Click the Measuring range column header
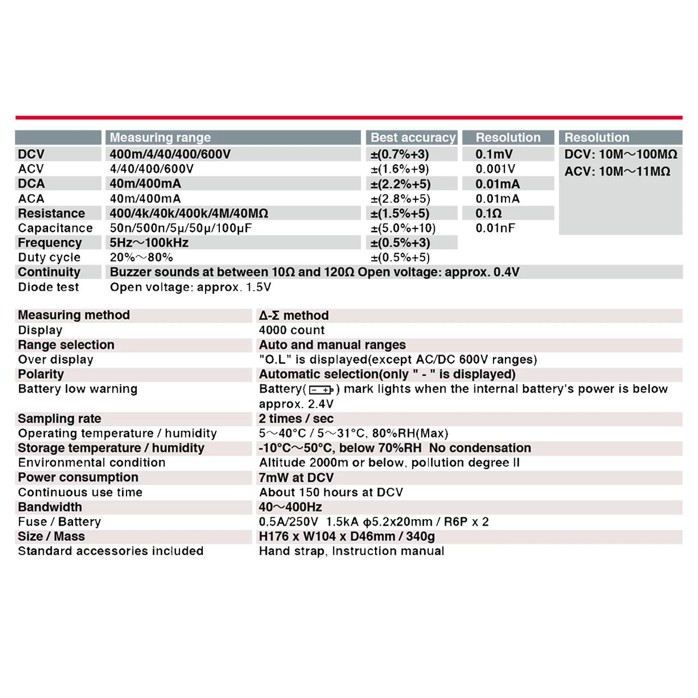[x=160, y=137]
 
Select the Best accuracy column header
[x=413, y=137]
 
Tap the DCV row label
[x=31, y=154]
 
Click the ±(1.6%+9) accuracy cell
[x=400, y=169]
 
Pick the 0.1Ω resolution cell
[x=488, y=213]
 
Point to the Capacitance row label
[x=55, y=228]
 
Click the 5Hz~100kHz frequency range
[x=149, y=243]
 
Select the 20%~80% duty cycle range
[x=141, y=257]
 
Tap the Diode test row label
[x=48, y=287]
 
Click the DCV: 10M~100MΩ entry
[x=621, y=154]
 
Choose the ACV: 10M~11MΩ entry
[x=617, y=171]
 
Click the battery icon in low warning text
[x=321, y=389]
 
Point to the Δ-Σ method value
[x=293, y=315]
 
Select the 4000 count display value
[x=292, y=330]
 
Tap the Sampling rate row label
[x=59, y=419]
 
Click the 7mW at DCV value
[x=296, y=478]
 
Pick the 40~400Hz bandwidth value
[x=290, y=507]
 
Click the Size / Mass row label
[x=51, y=537]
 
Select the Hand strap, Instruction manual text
[x=351, y=551]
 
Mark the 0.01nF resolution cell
[x=495, y=228]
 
